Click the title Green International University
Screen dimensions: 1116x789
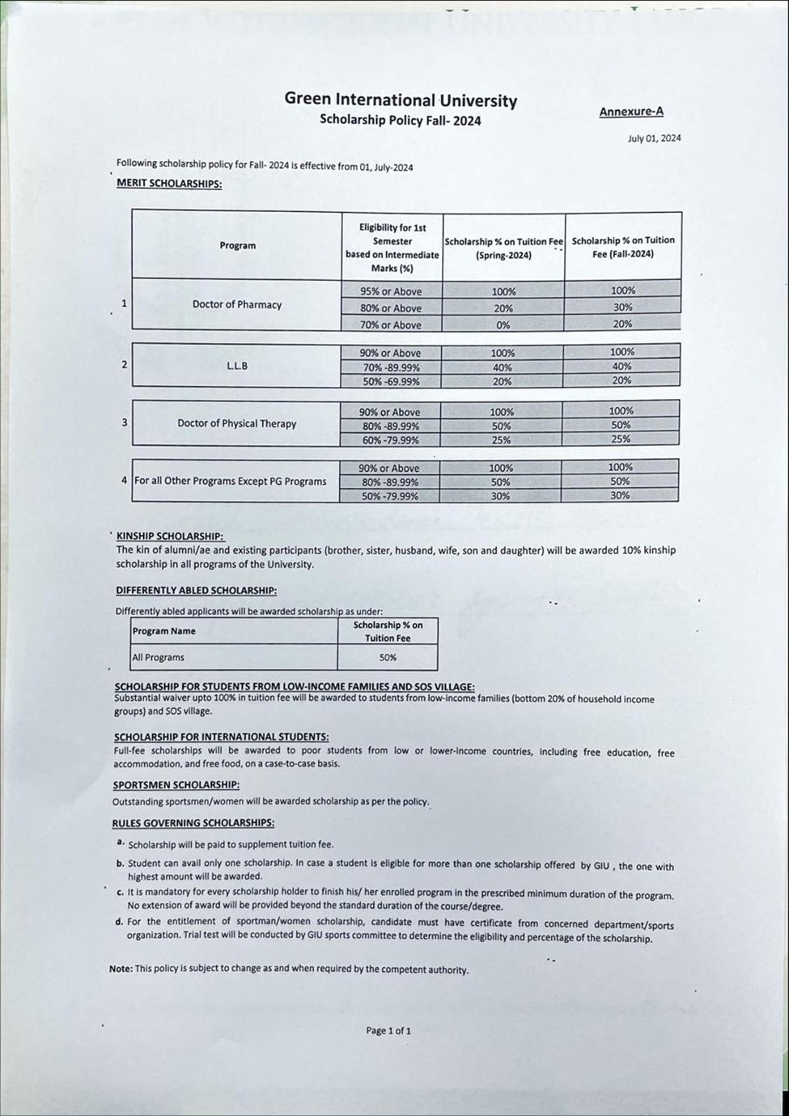[401, 100]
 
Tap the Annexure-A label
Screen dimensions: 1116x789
[631, 112]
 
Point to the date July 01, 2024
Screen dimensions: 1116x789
[654, 138]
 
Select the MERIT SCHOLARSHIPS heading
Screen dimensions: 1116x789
[169, 183]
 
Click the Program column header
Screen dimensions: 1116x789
[237, 245]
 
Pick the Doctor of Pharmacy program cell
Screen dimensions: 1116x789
[237, 304]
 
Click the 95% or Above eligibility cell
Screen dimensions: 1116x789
[391, 291]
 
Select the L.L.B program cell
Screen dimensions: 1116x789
[237, 365]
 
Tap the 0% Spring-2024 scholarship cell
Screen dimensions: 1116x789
[503, 325]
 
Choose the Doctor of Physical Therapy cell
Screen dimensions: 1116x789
[237, 423]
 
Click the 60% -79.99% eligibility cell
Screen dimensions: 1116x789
[390, 440]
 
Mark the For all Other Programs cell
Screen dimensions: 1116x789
[231, 481]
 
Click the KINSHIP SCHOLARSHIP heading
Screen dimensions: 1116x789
[170, 536]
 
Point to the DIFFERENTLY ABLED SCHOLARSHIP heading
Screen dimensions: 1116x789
[196, 591]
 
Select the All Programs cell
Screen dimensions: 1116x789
[159, 657]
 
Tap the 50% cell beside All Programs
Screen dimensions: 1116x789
[388, 657]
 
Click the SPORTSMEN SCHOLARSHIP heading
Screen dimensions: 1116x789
[176, 785]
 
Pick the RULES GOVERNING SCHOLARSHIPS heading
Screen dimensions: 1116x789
[193, 823]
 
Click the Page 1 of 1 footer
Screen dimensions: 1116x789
[388, 1030]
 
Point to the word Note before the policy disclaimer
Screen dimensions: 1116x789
[121, 969]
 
